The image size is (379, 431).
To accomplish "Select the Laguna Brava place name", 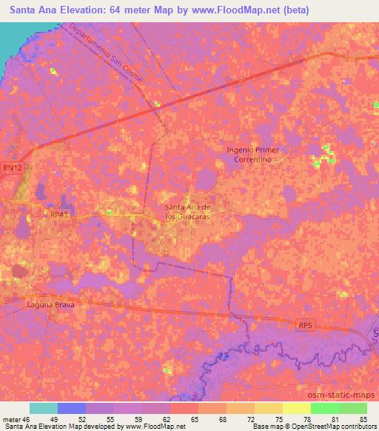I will coord(51,304).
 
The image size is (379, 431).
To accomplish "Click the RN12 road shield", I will coord(10,168).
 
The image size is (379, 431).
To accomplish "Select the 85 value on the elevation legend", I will coord(363,419).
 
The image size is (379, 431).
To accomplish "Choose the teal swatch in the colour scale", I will coord(44,408).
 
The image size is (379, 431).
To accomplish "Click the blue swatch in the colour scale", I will coord(72,408).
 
